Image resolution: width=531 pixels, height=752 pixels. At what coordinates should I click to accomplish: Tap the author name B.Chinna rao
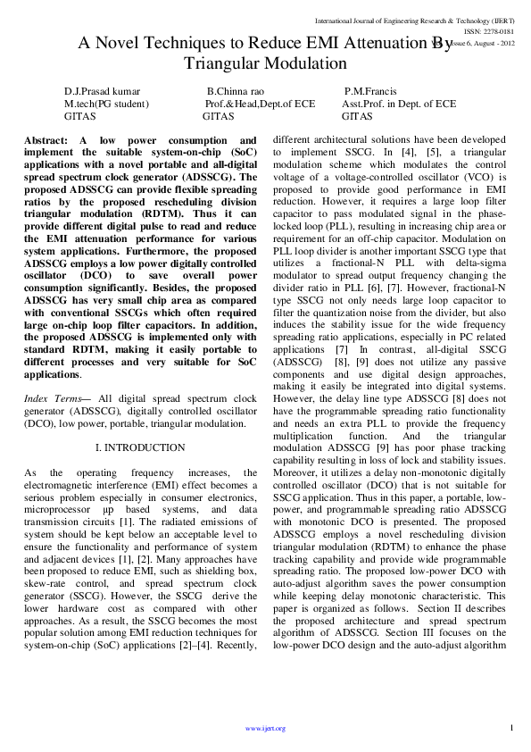click(235, 91)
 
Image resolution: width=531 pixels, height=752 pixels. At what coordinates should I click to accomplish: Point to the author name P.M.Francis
click(371, 91)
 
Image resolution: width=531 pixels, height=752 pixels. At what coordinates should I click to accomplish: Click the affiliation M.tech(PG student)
click(107, 104)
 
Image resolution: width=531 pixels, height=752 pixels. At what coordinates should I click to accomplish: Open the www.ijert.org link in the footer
click(265, 728)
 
